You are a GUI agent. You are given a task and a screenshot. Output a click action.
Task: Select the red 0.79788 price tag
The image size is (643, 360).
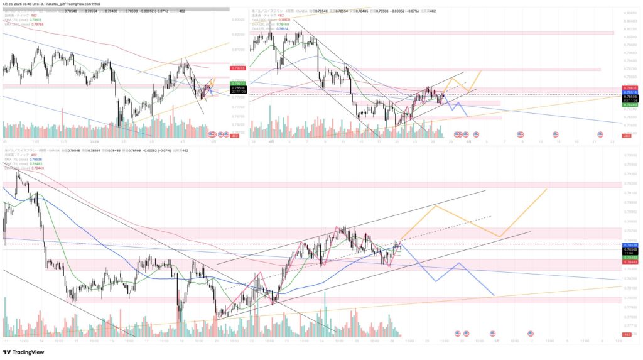tap(238, 68)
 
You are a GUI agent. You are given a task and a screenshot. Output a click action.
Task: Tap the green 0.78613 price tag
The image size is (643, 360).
tap(238, 83)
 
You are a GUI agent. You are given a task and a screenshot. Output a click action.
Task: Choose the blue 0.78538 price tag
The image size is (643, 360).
tap(629, 244)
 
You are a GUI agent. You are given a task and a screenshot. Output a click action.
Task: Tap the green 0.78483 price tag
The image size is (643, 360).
tap(629, 258)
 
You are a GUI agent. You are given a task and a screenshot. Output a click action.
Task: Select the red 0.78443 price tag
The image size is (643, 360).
tap(629, 262)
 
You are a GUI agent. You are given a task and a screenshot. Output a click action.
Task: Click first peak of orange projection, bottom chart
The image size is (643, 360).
tap(435, 205)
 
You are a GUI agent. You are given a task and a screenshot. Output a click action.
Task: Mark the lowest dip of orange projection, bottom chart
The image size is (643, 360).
tap(500, 237)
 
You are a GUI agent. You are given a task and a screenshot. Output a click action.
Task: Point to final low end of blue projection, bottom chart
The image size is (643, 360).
tap(494, 295)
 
